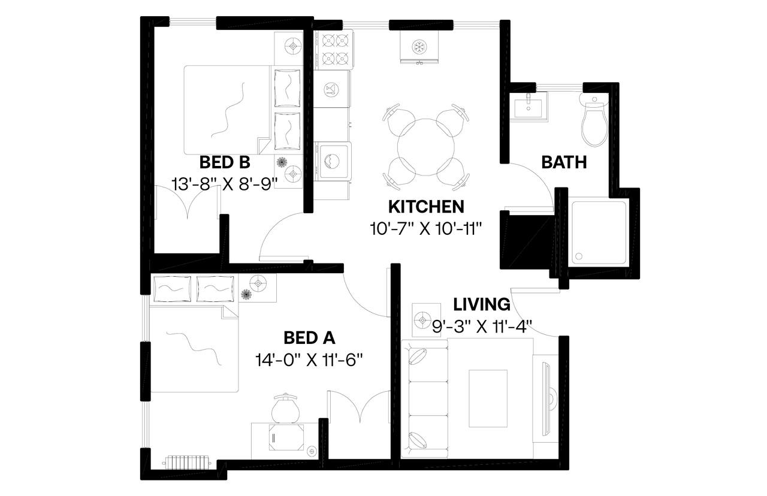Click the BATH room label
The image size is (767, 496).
point(563,162)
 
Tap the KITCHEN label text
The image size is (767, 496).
point(426,207)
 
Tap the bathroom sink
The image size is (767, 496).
point(530,107)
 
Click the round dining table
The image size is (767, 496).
point(426,146)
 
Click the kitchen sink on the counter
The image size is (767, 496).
point(331,89)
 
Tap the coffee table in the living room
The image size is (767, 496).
point(488,398)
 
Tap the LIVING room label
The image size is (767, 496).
point(482,304)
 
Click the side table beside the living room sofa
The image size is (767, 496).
point(426,317)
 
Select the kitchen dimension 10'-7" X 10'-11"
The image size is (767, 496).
point(426,228)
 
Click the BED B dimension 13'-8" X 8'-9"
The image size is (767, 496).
point(224,183)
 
